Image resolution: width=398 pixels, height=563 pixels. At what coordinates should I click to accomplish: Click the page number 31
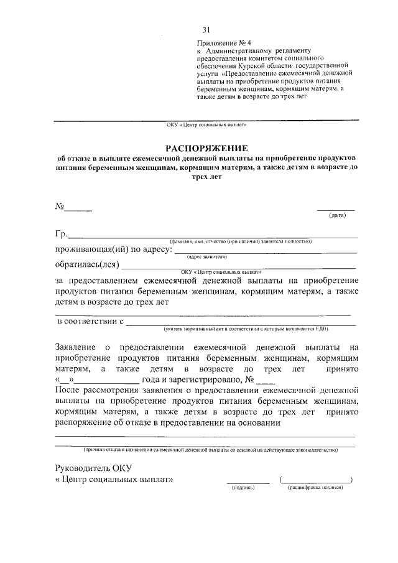click(x=206, y=29)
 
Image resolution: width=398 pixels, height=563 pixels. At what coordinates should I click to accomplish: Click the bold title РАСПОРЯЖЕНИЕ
click(x=206, y=148)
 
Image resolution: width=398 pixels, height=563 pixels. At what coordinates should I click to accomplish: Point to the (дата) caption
click(x=337, y=215)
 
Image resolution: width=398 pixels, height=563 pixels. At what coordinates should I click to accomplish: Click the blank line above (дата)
click(x=336, y=210)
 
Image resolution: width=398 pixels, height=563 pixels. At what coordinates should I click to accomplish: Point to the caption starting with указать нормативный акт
click(x=246, y=328)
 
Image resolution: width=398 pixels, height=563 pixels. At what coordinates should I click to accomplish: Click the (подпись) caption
click(x=243, y=488)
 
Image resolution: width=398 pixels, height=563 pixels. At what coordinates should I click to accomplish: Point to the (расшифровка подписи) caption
click(x=315, y=488)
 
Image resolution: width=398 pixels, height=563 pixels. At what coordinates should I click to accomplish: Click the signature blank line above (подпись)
click(x=248, y=482)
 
